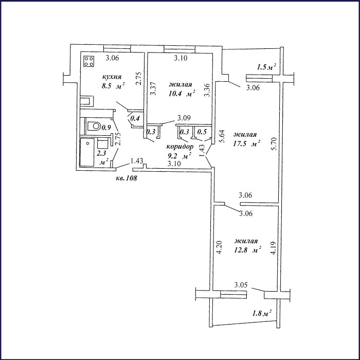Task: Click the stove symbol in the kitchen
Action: (x=89, y=61)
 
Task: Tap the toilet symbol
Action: (x=94, y=126)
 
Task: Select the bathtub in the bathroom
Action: (x=87, y=152)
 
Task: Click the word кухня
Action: (x=112, y=77)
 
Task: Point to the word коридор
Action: (x=180, y=147)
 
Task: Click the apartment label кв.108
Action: (x=127, y=178)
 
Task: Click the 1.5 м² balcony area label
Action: (x=266, y=67)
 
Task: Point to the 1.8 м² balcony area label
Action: (x=262, y=313)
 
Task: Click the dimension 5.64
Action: (x=222, y=136)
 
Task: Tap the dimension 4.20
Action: (x=219, y=247)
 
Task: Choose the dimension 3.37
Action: (x=153, y=88)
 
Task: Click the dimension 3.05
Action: (x=241, y=285)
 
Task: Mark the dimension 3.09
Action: (x=184, y=118)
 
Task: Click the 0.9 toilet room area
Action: (x=106, y=128)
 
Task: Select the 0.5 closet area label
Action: (x=202, y=132)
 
